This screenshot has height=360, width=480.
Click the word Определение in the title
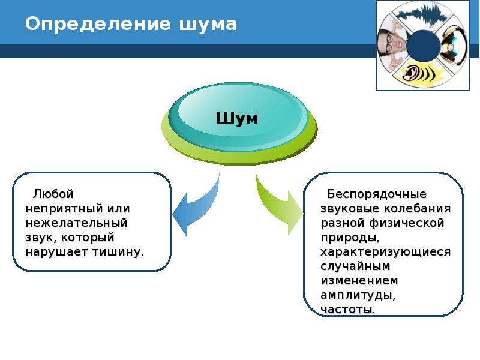pos(97,25)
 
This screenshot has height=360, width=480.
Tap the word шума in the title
pos(208,25)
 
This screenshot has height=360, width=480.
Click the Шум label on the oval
pos(236,118)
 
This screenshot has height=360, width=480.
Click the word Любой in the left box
pos(53,194)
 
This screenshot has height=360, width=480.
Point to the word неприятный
pos(64,209)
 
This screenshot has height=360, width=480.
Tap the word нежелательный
pos(77,223)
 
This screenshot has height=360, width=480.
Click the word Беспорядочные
pos(377,194)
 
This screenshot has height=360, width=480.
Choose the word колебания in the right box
pos(417,209)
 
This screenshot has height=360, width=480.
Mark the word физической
pos(407,223)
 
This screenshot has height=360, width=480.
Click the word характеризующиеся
pos(386,252)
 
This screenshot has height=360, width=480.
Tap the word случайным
pos(355,266)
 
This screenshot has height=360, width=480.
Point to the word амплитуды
pos(358,295)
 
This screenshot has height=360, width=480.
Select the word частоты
pos(348,310)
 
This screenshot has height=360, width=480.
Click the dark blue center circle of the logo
pos(424,46)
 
